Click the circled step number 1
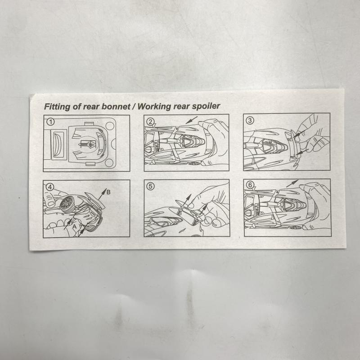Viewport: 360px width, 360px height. pyautogui.click(x=50, y=121)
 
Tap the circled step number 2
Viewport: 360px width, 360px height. pyautogui.click(x=151, y=121)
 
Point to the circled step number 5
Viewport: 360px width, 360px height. pyautogui.click(x=151, y=185)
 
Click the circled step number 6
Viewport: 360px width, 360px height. pyautogui.click(x=250, y=185)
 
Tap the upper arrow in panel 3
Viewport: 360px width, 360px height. pyautogui.click(x=296, y=134)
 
